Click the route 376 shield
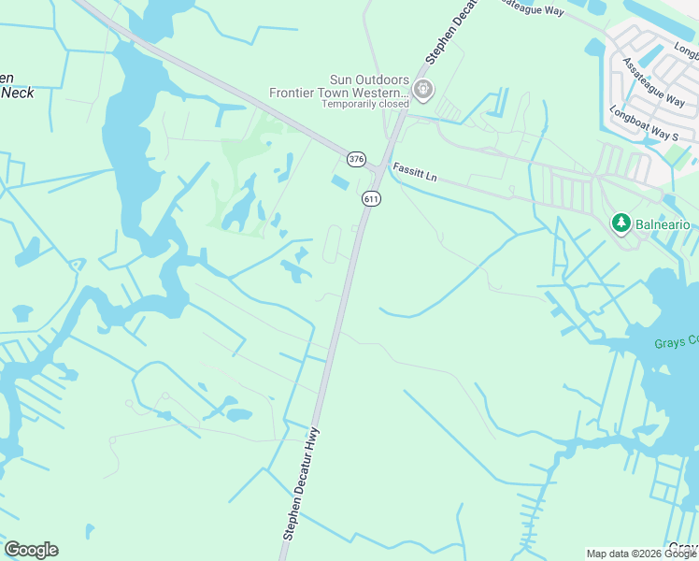point(356,159)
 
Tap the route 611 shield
point(371,198)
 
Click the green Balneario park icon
point(619,223)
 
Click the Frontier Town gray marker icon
point(423,90)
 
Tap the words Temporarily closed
point(365,104)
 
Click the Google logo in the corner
point(31,550)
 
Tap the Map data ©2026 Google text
point(640,554)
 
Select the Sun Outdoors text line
point(370,80)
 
